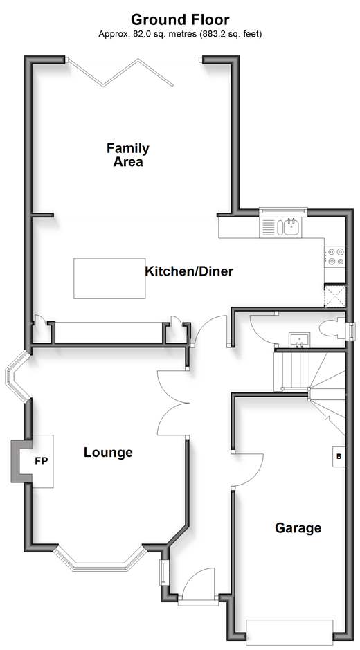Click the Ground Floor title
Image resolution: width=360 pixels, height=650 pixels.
click(180, 19)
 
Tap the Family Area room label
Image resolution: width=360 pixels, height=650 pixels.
click(128, 154)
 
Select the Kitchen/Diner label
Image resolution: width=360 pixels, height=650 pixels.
click(189, 271)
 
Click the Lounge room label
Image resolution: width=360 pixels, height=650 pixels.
click(108, 452)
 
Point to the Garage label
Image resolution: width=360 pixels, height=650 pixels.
click(298, 527)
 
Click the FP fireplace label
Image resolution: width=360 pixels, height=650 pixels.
click(42, 461)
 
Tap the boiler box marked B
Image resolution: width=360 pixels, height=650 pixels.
click(339, 457)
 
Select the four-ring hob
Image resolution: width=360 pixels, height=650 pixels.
click(334, 256)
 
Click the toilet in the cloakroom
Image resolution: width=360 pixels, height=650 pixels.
click(332, 328)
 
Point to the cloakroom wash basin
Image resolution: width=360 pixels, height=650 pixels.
click(298, 339)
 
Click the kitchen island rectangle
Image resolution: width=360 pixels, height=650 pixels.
click(109, 278)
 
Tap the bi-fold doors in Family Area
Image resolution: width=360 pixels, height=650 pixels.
click(120, 73)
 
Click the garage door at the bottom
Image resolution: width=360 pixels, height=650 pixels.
click(289, 631)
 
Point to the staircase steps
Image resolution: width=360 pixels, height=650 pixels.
click(309, 381)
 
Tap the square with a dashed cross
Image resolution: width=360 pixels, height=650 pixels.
click(334, 296)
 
